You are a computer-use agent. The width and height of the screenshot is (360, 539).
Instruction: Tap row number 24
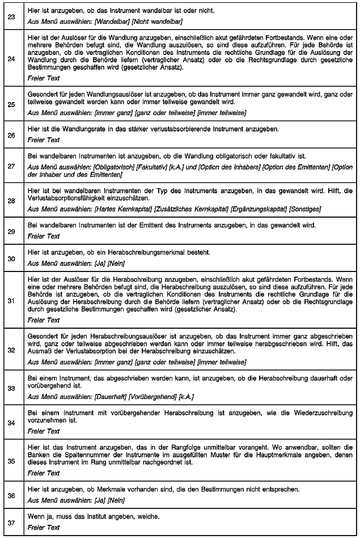(x=11, y=57)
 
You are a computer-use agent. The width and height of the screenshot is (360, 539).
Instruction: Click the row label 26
(x=11, y=135)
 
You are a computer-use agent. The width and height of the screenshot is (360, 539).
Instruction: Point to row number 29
(x=11, y=231)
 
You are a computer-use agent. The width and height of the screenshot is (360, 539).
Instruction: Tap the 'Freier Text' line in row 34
(x=44, y=431)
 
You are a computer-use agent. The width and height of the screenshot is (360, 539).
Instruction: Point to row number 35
(x=11, y=461)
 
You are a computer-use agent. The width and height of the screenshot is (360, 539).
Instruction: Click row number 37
(x=11, y=522)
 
